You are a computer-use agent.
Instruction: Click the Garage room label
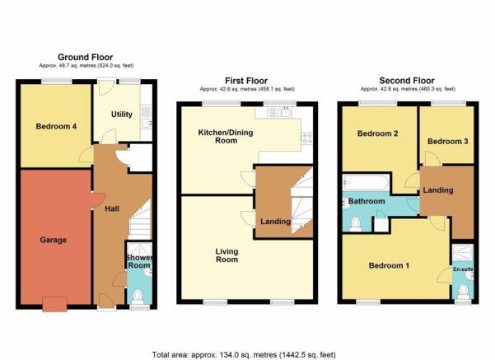(x=53, y=240)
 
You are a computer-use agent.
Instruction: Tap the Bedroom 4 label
(x=56, y=127)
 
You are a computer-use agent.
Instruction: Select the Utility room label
(x=122, y=115)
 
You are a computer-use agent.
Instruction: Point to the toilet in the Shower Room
(x=138, y=297)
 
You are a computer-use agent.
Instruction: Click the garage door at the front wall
(x=54, y=304)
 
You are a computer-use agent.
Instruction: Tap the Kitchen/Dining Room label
(x=226, y=137)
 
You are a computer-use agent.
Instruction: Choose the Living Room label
(x=226, y=255)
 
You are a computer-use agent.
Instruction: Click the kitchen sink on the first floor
(x=280, y=112)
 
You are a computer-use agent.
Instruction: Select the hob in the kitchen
(x=307, y=138)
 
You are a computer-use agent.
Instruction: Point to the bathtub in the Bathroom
(x=366, y=183)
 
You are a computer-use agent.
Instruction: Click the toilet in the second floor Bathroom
(x=356, y=224)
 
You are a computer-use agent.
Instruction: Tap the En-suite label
(x=463, y=269)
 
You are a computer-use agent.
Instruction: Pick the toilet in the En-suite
(x=463, y=291)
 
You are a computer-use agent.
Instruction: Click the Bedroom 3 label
(x=448, y=142)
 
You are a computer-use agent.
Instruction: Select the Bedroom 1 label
(x=389, y=265)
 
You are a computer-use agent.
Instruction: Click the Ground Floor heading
(x=85, y=57)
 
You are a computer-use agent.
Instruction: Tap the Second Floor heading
(x=407, y=81)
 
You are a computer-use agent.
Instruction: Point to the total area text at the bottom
(x=244, y=354)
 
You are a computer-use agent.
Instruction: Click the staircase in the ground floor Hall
(x=140, y=220)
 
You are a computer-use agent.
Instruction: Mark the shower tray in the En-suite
(x=463, y=252)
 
